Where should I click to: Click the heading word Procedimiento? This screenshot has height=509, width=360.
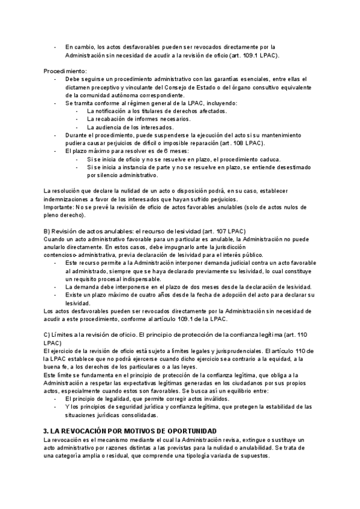tap(65, 71)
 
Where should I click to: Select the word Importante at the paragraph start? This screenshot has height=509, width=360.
tap(58, 207)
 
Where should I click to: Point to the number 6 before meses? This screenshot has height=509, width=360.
tap(130, 151)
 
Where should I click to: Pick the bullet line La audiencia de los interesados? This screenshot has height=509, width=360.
tap(130, 127)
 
